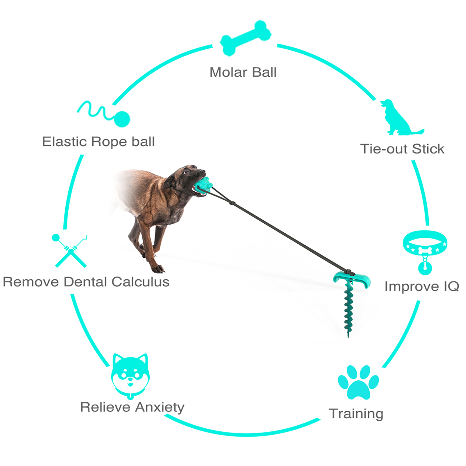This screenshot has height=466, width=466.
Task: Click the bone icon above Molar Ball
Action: [x=245, y=38]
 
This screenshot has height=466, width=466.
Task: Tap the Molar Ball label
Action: [x=243, y=72]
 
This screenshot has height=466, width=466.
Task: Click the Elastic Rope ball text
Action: [x=98, y=142]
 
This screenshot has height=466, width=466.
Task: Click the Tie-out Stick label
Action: [x=402, y=149]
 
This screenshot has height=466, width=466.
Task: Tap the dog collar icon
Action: [x=425, y=250]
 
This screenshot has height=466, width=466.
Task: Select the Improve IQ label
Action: [x=422, y=286]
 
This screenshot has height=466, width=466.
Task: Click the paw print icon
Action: [x=358, y=382]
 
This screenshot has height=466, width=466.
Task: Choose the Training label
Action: [x=356, y=414]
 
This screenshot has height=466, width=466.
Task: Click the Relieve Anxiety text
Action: [x=132, y=407]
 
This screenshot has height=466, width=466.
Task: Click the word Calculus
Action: [x=140, y=282]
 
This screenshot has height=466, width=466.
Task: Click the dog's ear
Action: [x=170, y=182]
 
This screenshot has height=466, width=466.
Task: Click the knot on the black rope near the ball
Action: [x=232, y=203]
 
